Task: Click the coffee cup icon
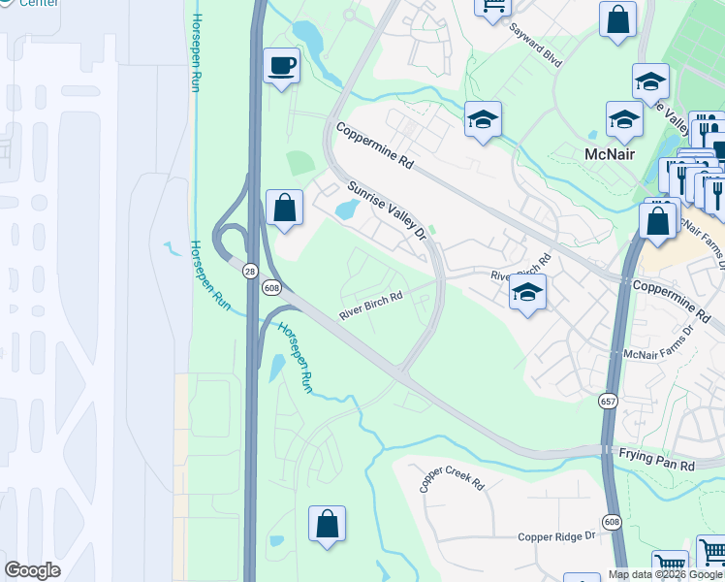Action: [x=282, y=66]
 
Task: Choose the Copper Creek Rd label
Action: [x=452, y=478]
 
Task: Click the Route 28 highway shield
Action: [x=250, y=272]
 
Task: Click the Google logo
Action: [x=32, y=570]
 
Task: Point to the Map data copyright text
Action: [x=665, y=574]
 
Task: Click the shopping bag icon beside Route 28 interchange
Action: [x=284, y=207]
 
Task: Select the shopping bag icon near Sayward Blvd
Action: [x=617, y=19]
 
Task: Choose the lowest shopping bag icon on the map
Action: [x=327, y=524]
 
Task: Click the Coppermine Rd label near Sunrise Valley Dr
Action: [x=374, y=145]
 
